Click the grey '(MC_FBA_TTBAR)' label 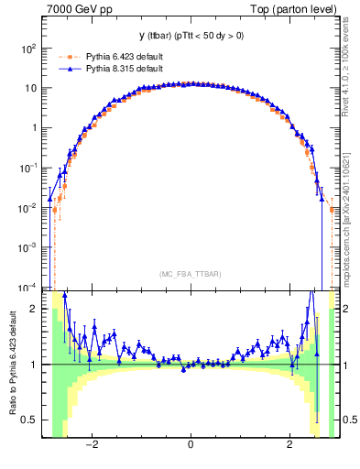pyautogui.click(x=190, y=274)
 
